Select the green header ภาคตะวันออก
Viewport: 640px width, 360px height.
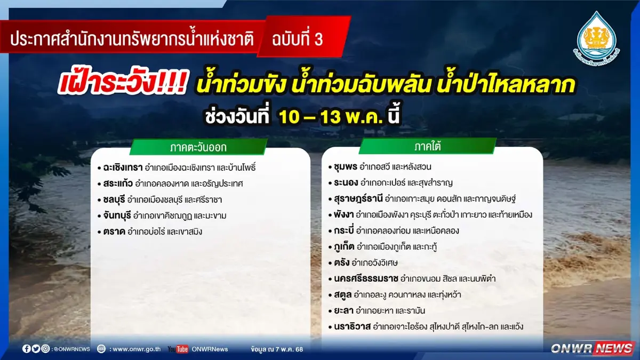[198, 147]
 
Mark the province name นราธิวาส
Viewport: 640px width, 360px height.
[352, 326]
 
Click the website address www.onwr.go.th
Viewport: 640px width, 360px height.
[135, 349]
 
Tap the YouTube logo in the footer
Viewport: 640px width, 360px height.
[178, 349]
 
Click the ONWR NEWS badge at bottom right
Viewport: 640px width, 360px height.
[592, 348]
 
